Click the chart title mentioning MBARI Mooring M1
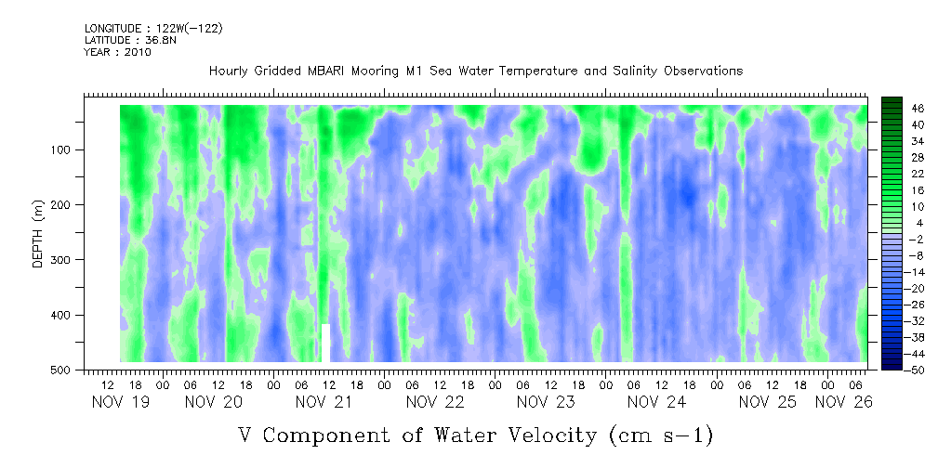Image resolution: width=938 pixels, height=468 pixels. pos(475,71)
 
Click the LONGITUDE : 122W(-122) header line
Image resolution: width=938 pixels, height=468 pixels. pos(152,29)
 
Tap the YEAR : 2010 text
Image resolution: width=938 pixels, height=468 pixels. pos(117,52)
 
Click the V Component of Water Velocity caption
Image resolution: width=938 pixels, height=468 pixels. pos(475,434)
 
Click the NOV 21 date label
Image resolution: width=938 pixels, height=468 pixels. pos(324,402)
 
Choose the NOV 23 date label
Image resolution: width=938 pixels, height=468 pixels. pos(546,402)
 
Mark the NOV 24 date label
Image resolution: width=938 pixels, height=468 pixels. pos(656,402)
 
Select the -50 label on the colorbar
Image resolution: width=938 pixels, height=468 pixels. pos(918,370)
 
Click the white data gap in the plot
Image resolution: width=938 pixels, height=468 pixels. pos(326,342)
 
